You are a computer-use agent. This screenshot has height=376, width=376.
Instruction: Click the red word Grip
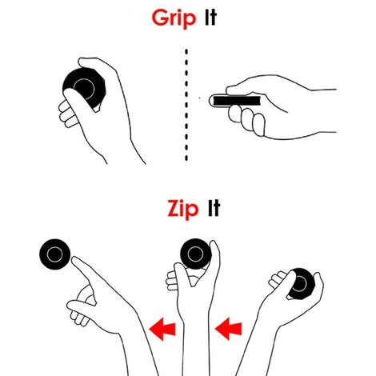coord(174,18)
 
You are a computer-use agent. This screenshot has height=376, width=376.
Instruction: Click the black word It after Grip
coord(210,17)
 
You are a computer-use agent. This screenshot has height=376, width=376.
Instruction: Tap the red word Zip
coord(183,210)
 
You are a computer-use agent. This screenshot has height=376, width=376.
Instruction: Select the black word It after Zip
coord(214,208)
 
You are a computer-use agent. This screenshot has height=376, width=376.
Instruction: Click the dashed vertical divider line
coord(186,105)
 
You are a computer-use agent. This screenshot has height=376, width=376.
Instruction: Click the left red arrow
coord(162,329)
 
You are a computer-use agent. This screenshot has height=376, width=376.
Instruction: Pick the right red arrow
coord(228,329)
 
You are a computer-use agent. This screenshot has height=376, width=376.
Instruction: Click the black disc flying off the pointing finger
coord(55,254)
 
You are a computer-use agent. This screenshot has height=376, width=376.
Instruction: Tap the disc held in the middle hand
coord(195,254)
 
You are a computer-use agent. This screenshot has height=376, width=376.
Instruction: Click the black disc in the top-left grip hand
coord(86,86)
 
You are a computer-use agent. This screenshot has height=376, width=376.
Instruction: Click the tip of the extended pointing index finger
coord(73,258)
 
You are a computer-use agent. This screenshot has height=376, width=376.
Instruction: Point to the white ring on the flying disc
coord(55,247)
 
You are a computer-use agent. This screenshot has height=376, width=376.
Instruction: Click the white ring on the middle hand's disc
coord(195,246)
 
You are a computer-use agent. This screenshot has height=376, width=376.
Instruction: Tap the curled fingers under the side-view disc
coord(246,119)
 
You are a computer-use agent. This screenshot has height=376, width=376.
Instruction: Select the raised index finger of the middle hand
coord(215,256)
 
